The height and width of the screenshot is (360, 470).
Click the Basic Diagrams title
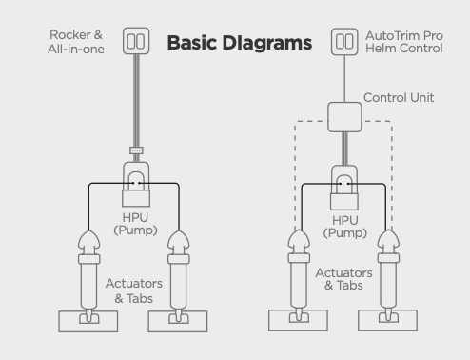click(240, 43)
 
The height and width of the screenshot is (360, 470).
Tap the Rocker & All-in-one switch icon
click(136, 41)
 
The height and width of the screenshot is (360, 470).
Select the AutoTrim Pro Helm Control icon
click(344, 42)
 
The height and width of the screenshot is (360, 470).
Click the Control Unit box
click(344, 117)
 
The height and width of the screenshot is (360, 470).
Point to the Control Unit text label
click(399, 97)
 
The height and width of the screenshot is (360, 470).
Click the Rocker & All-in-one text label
click(76, 42)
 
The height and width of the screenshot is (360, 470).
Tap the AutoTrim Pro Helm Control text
click(404, 42)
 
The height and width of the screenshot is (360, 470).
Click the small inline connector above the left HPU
click(136, 150)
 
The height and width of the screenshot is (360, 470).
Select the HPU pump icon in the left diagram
click(136, 184)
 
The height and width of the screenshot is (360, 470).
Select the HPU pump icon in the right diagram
click(344, 188)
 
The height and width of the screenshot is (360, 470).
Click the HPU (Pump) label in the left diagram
click(135, 224)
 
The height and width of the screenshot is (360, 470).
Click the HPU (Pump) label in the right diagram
click(345, 227)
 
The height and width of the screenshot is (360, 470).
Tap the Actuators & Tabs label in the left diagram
click(134, 291)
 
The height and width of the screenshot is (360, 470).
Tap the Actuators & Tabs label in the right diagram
click(343, 279)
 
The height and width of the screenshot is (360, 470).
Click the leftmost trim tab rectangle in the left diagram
click(88, 322)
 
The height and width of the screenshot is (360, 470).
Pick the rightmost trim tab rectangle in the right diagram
click(387, 320)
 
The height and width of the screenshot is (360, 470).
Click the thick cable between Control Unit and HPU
click(344, 149)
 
